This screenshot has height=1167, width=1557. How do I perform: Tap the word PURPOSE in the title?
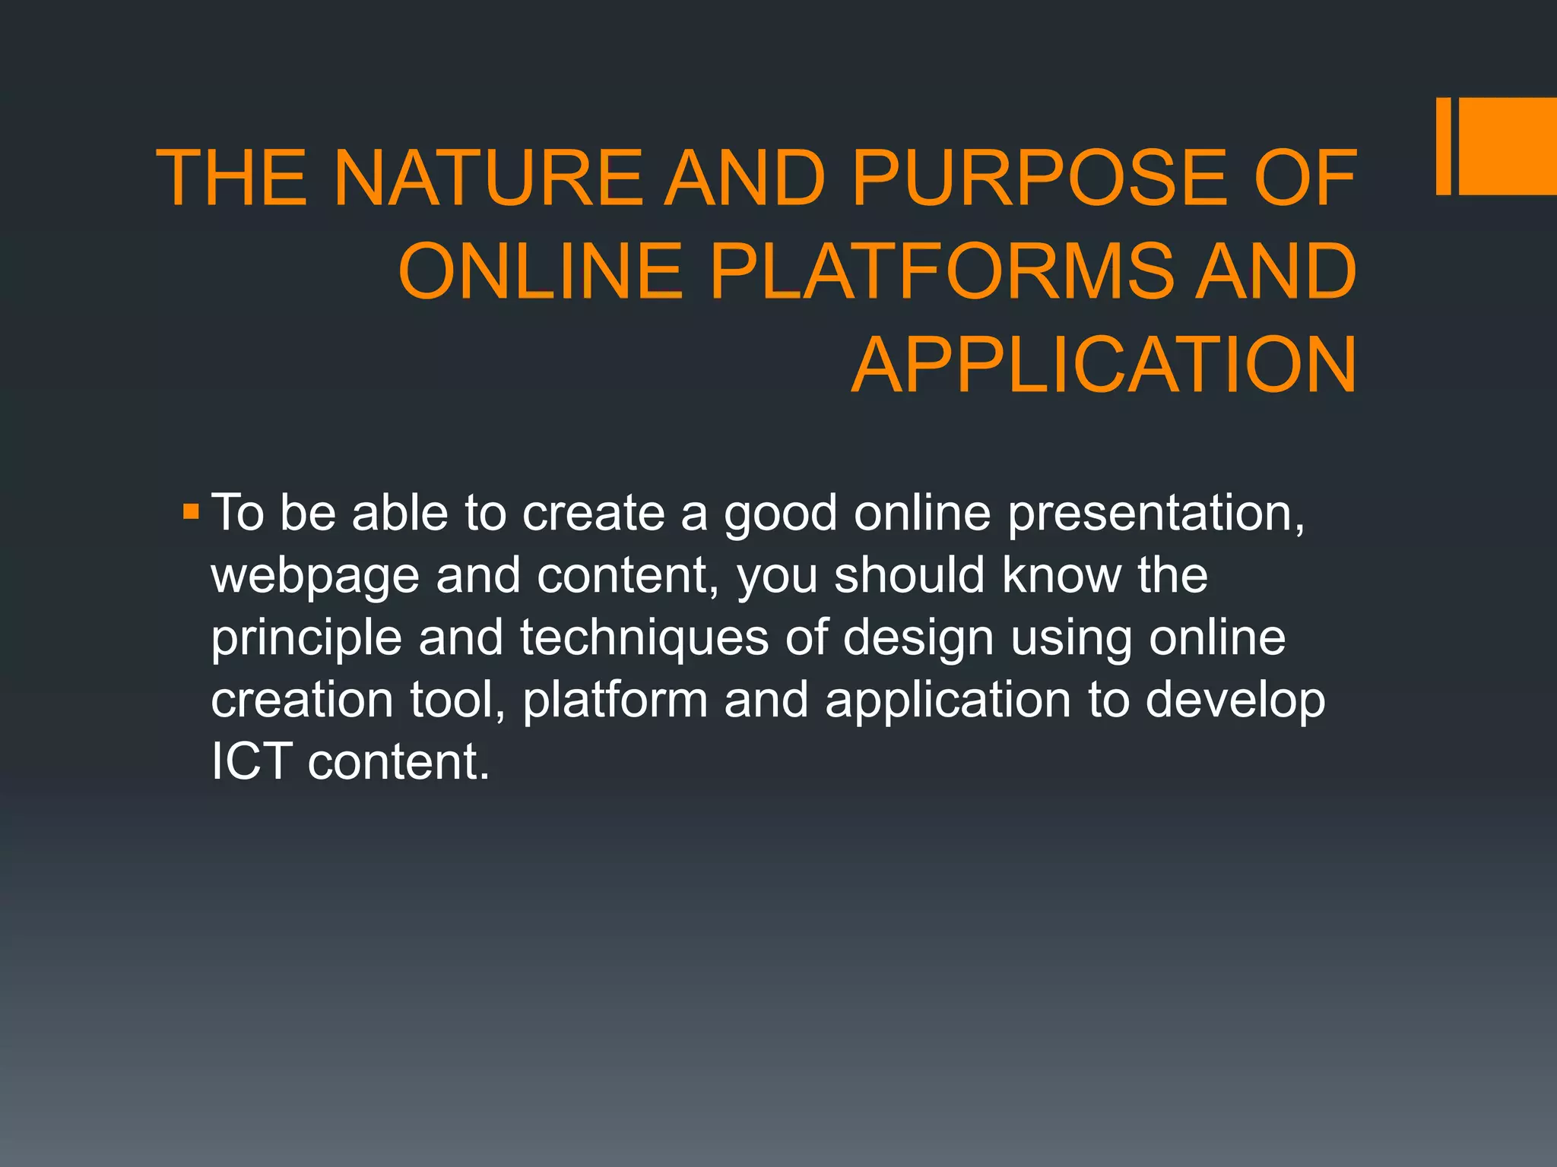pos(1039,178)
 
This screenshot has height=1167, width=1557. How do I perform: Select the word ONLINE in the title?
pos(541,271)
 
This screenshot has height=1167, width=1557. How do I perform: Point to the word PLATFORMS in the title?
pos(943,271)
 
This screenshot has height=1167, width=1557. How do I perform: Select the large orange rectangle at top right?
pos(1508,146)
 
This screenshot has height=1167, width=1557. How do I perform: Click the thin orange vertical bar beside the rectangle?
pos(1443,146)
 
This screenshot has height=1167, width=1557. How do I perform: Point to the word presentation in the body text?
pos(1156,514)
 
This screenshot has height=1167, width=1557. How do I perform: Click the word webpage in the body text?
pos(315,577)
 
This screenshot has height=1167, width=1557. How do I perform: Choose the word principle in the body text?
pos(306,639)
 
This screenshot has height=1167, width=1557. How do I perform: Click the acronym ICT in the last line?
pos(251,762)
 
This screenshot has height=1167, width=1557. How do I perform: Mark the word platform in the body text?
pos(615,701)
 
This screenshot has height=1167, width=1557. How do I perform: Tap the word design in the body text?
pos(918,639)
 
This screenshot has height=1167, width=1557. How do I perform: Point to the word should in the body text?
pos(910,575)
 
